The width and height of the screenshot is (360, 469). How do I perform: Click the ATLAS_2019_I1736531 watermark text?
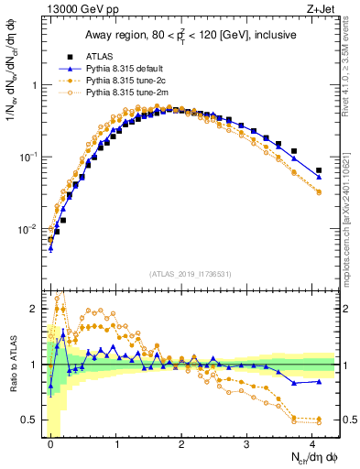pos(190,273)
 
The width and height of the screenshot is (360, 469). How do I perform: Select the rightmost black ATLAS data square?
pos(318,170)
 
